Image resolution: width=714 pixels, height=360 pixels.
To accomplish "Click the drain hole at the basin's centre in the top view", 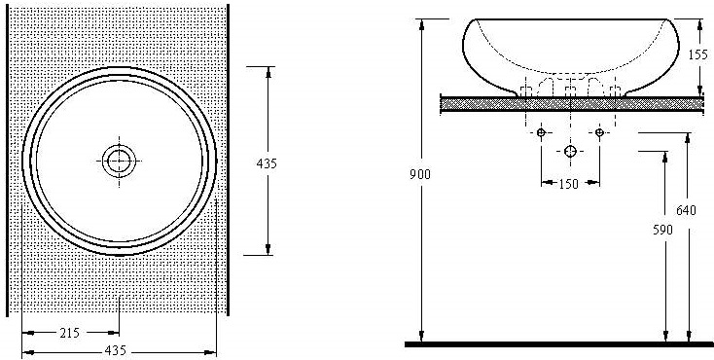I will point(119,161).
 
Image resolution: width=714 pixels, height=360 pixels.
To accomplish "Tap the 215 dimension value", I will point(69,334).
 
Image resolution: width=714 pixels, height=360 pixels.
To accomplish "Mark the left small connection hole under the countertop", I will point(541,131).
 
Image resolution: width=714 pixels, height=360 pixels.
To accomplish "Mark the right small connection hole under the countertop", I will point(599,131).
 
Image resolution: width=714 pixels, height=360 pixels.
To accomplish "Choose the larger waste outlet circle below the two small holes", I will point(570,151).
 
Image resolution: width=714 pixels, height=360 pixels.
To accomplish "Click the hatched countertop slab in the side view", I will point(486,101).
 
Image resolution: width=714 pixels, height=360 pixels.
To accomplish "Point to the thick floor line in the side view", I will point(559,343).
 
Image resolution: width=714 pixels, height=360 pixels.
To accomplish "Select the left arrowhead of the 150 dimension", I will point(545,183).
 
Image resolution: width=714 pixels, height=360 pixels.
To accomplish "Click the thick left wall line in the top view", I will point(9,161).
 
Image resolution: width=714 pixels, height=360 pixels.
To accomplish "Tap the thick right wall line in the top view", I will point(229,161).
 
